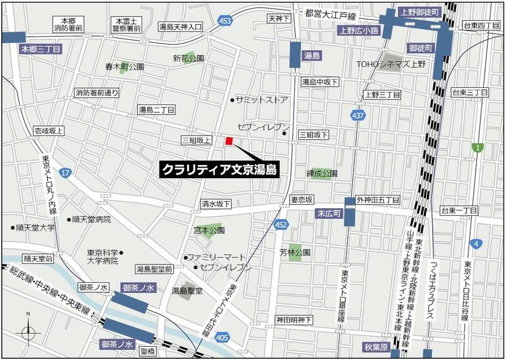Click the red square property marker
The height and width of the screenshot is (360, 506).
tap(230, 140)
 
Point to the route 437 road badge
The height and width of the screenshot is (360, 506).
tap(358, 116)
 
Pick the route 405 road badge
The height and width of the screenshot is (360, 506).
tap(222, 339)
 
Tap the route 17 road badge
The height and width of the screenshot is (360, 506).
tap(66, 172)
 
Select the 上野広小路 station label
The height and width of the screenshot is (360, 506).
tap(358, 30)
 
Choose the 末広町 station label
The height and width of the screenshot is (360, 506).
tap(328, 215)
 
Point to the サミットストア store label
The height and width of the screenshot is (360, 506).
tap(261, 100)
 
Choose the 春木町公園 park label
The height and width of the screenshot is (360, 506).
tap(125, 66)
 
